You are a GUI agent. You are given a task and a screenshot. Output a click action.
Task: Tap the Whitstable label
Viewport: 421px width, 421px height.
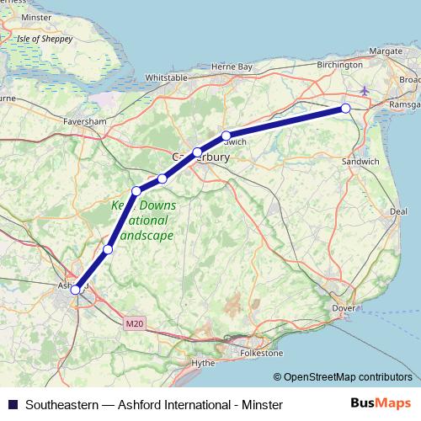coord(166,77)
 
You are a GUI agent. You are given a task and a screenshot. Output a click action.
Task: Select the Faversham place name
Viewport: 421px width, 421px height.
coord(84,121)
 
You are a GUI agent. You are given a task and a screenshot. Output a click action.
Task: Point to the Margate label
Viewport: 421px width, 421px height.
coord(386,51)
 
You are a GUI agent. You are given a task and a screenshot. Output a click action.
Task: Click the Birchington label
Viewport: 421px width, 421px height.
coord(340,64)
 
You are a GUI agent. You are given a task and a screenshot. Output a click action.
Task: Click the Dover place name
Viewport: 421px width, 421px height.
coord(344,309)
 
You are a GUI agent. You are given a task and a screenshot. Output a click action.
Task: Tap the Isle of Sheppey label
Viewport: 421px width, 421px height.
coord(40,39)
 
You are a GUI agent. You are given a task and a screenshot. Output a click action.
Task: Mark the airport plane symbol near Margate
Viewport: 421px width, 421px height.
coord(364,90)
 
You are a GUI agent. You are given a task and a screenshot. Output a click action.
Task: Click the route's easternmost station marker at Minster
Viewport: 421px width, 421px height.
coord(345,109)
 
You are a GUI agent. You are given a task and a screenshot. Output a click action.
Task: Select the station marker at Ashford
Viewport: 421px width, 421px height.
coord(76,289)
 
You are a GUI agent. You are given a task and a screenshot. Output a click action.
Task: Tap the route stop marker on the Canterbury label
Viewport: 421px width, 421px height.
coord(197,153)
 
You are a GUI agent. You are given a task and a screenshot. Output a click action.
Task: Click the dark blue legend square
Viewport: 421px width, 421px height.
coord(12,403)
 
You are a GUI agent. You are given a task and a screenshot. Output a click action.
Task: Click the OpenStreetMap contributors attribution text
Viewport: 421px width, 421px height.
coord(348,377)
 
